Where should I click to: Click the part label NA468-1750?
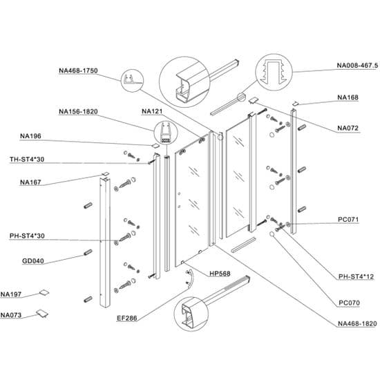click(79, 70)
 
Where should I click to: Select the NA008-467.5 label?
click(357, 66)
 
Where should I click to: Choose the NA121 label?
click(152, 111)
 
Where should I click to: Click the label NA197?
click(11, 294)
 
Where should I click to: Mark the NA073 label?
click(11, 316)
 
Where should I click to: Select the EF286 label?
click(128, 319)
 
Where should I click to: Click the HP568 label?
click(219, 274)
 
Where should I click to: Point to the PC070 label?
click(350, 302)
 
